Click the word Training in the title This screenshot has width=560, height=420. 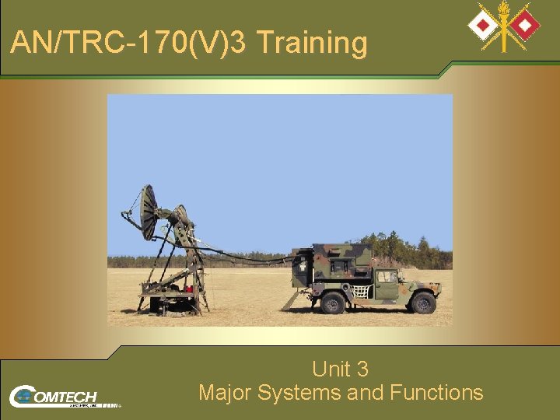[311, 43]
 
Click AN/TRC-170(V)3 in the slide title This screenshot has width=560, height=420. [128, 43]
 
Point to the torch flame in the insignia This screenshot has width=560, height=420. [504, 9]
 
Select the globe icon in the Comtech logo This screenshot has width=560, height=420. [23, 396]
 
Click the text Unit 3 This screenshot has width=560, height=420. [340, 368]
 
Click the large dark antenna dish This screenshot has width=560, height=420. [148, 212]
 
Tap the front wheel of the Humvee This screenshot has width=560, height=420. [422, 303]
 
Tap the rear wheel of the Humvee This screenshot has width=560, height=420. [333, 303]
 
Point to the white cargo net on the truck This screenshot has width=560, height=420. [360, 292]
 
